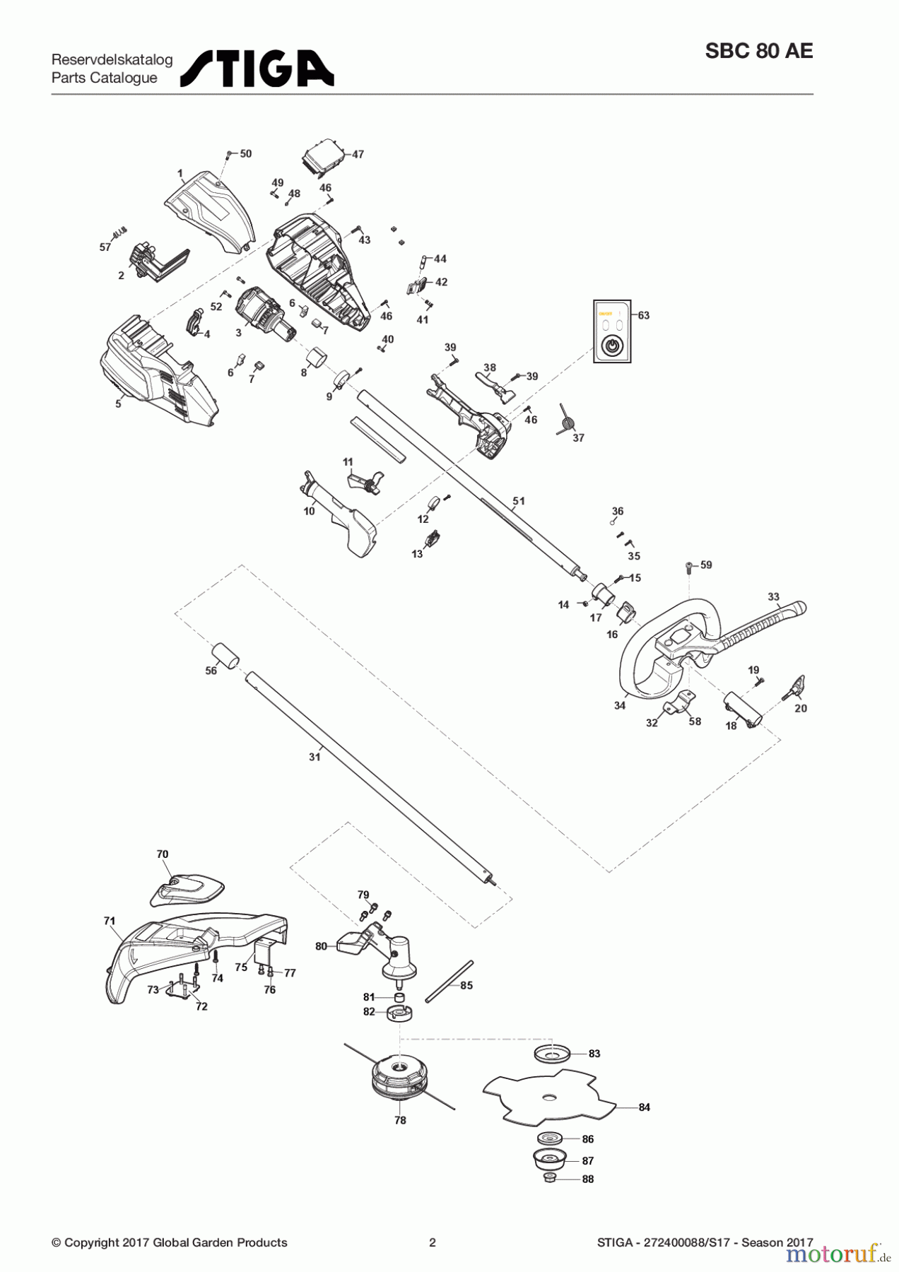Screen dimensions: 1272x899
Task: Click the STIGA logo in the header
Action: coord(257,68)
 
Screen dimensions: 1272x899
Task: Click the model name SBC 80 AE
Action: coord(758,52)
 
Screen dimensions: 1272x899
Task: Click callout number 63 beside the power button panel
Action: coord(644,315)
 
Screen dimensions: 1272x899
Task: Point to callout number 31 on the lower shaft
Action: coord(315,757)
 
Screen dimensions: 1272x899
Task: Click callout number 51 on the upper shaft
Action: coord(519,501)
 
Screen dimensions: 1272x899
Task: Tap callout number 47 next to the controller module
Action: coord(358,154)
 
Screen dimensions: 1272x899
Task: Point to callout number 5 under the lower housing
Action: coord(119,404)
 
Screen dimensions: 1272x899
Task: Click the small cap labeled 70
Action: coord(186,888)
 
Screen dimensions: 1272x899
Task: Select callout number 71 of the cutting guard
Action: coord(109,921)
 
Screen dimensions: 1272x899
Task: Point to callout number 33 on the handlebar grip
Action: coord(773,597)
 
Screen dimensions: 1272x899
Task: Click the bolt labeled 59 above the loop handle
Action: coord(689,567)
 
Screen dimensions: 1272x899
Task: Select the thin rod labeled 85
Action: coord(449,981)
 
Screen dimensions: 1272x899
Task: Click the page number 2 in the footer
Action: coord(433,1242)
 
